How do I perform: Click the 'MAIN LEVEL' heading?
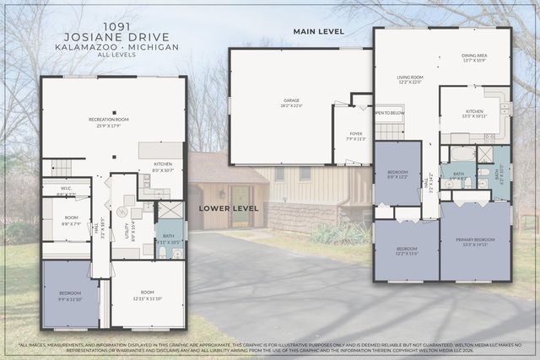319,31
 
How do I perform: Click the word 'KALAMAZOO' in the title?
87,48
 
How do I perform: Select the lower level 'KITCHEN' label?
163,165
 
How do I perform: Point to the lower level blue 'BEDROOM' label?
71,294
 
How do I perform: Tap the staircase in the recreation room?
62,168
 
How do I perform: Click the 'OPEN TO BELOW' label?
388,112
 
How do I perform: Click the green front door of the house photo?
240,206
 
